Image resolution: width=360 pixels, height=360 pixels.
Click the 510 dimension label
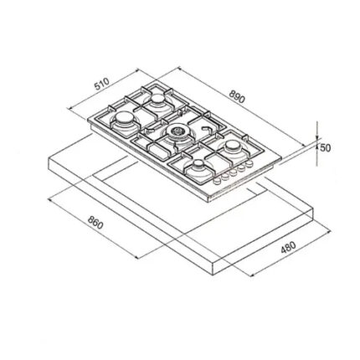pyautogui.click(x=101, y=84)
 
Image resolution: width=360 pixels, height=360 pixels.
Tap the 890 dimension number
pyautogui.click(x=237, y=96)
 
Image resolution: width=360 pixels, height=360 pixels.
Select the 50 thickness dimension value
pyautogui.click(x=325, y=147)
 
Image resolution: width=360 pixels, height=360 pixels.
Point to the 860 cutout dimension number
pyautogui.click(x=95, y=223)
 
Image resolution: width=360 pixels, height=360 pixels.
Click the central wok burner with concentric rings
pyautogui.click(x=177, y=131)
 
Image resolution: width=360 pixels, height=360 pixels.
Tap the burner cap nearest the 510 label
pyautogui.click(x=157, y=99)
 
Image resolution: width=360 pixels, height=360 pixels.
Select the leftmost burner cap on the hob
pyautogui.click(x=123, y=118)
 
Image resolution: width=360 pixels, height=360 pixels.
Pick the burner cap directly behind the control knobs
pyautogui.click(x=232, y=146)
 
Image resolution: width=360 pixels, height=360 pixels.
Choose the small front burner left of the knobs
pyautogui.click(x=198, y=165)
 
